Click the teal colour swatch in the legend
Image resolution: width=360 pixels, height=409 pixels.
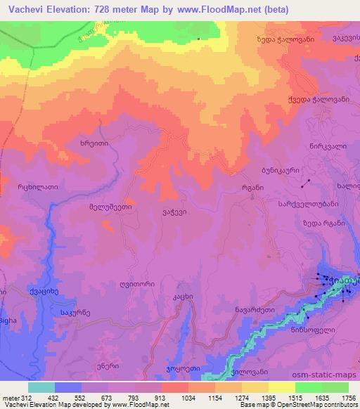(41, 387)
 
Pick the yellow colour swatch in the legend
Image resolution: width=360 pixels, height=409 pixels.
(281, 387)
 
